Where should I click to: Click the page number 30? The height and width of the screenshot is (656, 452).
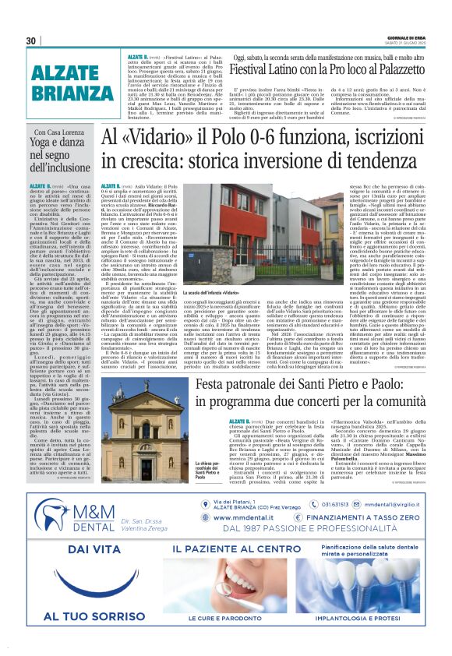click(31, 41)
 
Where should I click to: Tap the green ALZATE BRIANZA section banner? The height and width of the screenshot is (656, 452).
click(66, 82)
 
